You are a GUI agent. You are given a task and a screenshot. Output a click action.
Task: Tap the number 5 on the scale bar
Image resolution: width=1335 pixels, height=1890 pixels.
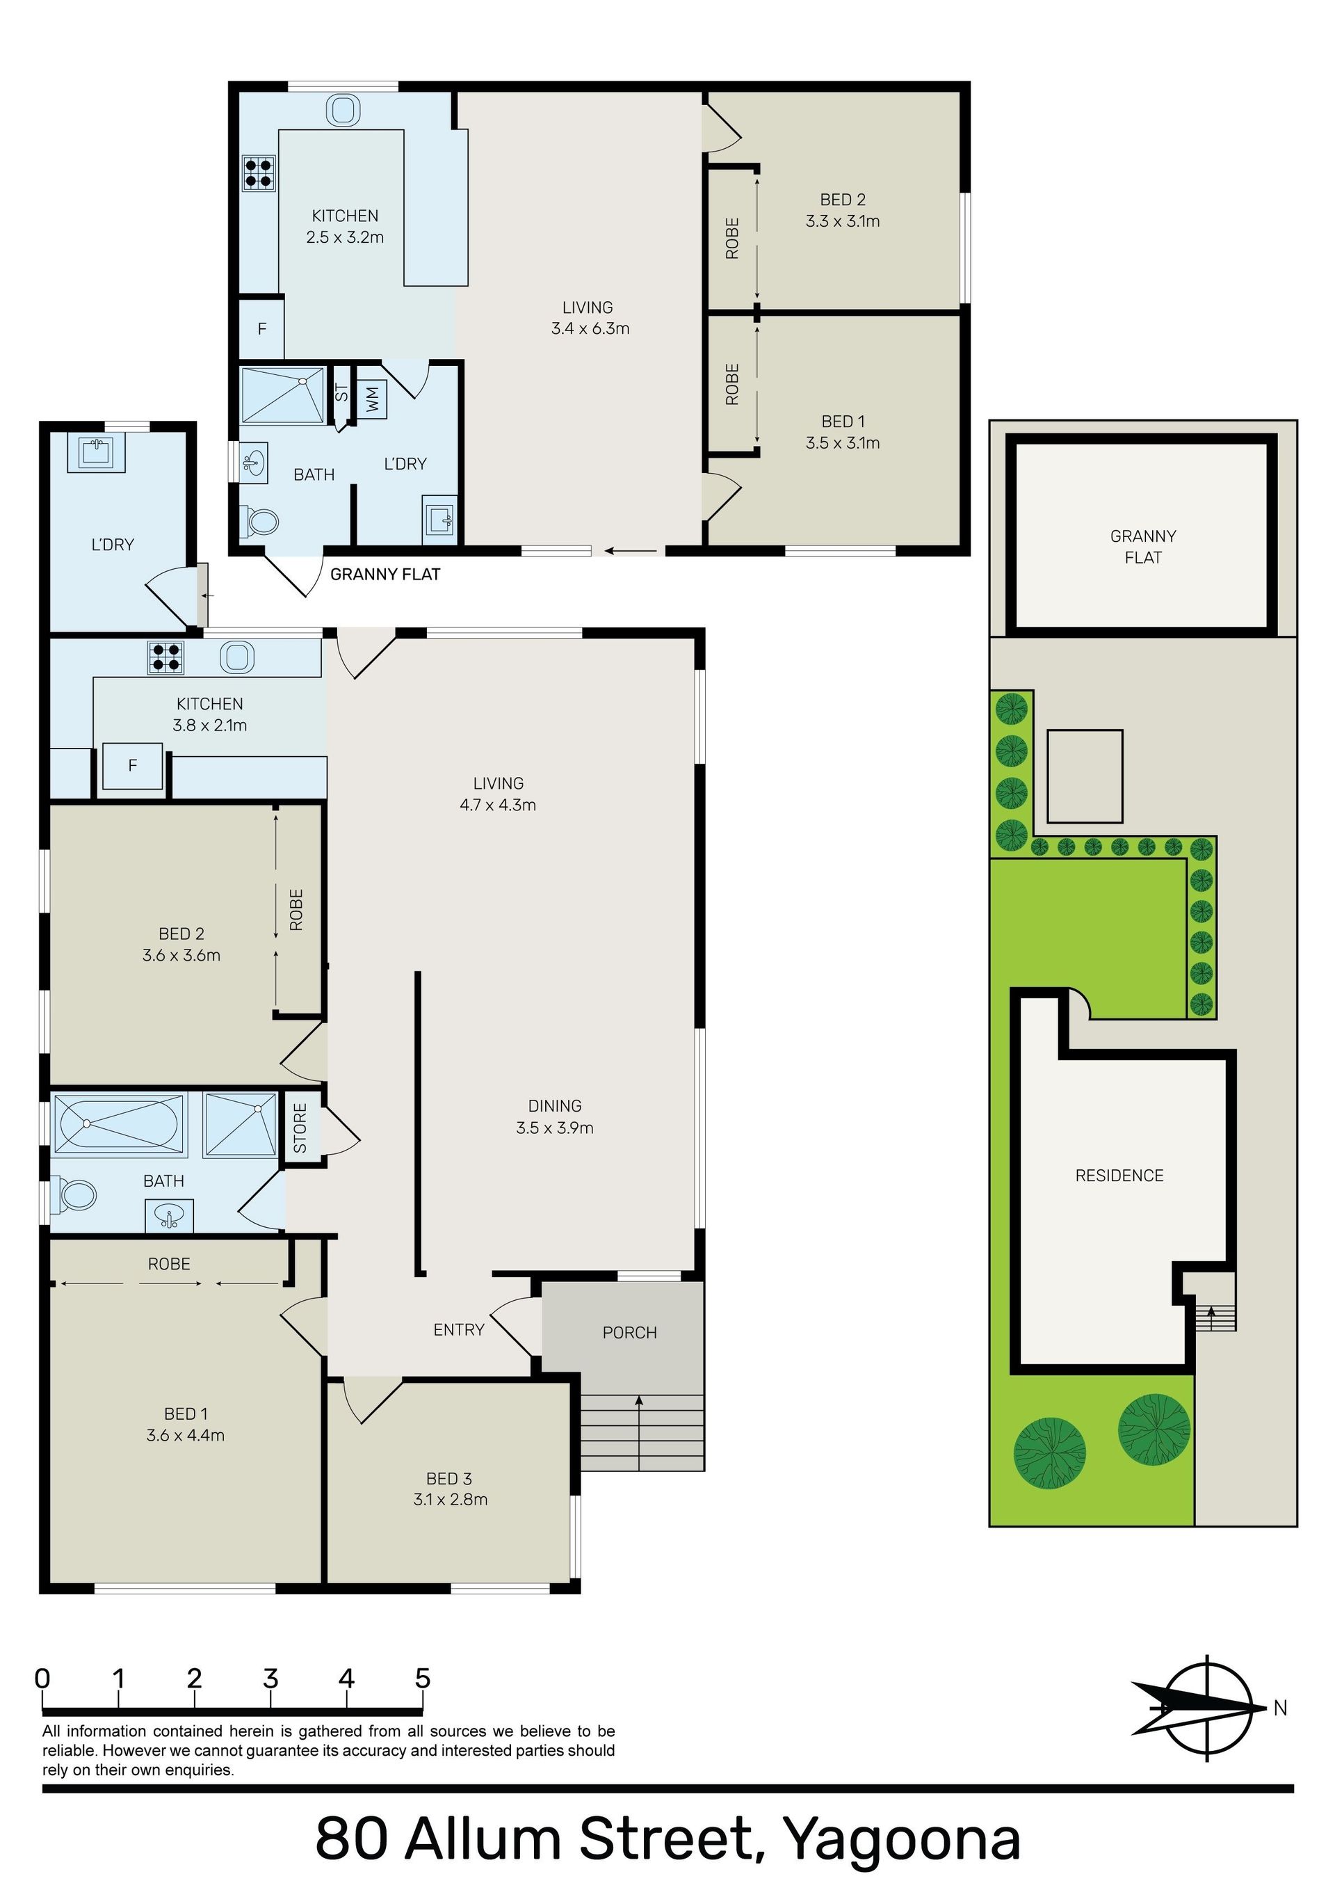[422, 1678]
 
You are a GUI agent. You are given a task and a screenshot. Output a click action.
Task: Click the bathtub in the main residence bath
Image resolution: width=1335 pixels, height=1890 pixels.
[120, 1123]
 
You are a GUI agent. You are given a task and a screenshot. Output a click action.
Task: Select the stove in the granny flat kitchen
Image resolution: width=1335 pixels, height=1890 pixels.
[259, 174]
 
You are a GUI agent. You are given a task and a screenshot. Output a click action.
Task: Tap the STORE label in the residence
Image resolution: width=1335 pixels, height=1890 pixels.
[300, 1128]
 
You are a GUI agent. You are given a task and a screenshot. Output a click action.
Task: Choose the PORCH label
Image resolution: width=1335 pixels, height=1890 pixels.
[630, 1333]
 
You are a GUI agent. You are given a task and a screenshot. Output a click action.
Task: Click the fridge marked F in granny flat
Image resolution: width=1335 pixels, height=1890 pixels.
[261, 329]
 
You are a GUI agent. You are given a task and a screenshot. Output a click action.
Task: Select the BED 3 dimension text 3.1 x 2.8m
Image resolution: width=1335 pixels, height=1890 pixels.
[450, 1499]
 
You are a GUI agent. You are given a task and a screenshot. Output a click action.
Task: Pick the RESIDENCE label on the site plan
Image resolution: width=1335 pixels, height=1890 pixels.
[1119, 1176]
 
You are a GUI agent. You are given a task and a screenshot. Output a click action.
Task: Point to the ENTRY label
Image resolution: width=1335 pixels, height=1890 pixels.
[460, 1329]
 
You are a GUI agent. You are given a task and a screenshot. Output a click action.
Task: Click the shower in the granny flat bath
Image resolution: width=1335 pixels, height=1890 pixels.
[282, 396]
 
